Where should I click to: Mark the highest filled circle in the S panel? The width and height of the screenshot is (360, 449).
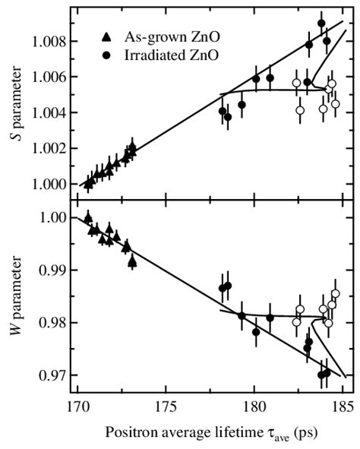pyautogui.click(x=321, y=24)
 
